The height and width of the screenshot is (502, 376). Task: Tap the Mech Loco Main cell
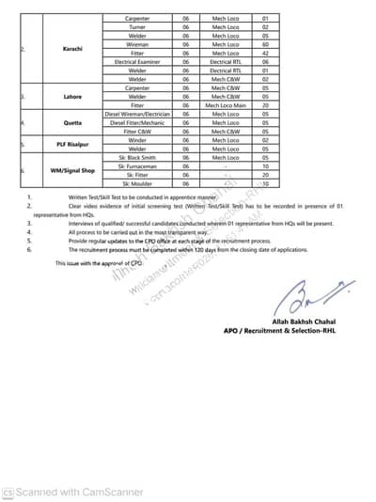click(227, 105)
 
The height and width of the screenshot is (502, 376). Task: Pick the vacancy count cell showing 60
click(266, 44)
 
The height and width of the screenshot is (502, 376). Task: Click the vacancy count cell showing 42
click(266, 53)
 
